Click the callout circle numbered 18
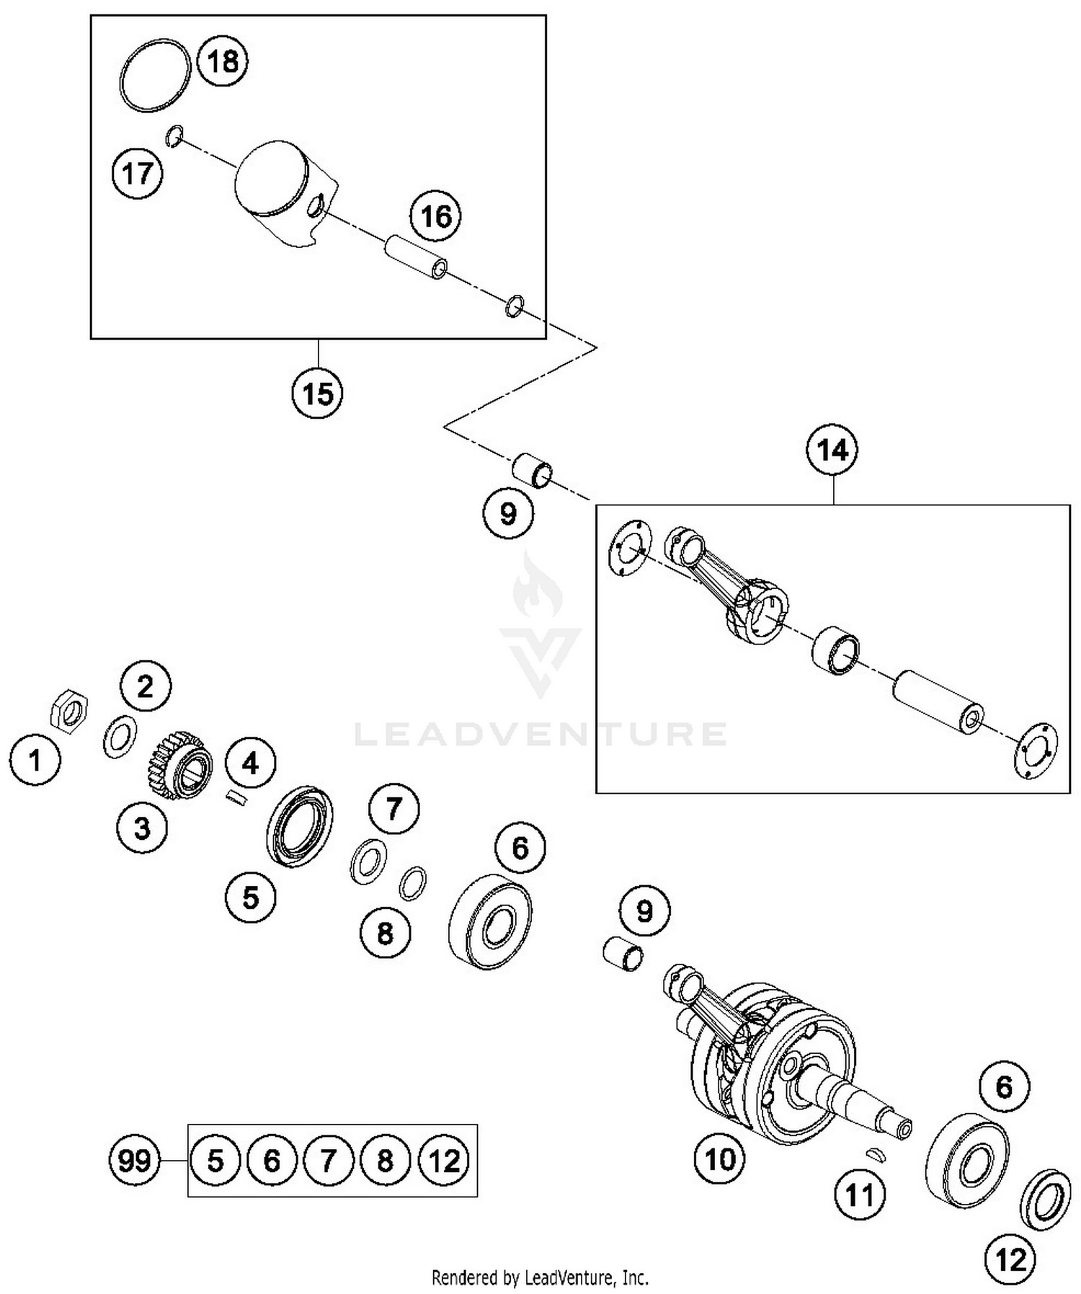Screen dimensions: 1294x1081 (x=223, y=61)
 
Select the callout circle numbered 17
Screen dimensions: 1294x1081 (x=138, y=174)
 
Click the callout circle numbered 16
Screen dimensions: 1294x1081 (x=436, y=216)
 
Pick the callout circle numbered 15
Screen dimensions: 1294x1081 (x=318, y=394)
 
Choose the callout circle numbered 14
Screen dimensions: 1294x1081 (x=832, y=451)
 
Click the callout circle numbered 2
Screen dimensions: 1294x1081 (x=146, y=686)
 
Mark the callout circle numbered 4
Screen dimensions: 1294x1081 (x=250, y=763)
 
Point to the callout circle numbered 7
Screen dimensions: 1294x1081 (x=393, y=809)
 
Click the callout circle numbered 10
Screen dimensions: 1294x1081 (x=719, y=1160)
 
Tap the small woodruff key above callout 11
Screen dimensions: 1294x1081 (x=876, y=1152)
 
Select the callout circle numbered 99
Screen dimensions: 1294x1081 (x=135, y=1161)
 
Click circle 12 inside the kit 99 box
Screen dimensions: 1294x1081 (x=444, y=1161)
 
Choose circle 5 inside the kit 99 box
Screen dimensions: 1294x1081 (x=215, y=1161)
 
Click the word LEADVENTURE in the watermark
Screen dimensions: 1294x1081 (x=540, y=734)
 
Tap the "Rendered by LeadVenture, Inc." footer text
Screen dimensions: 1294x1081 (x=540, y=1278)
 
